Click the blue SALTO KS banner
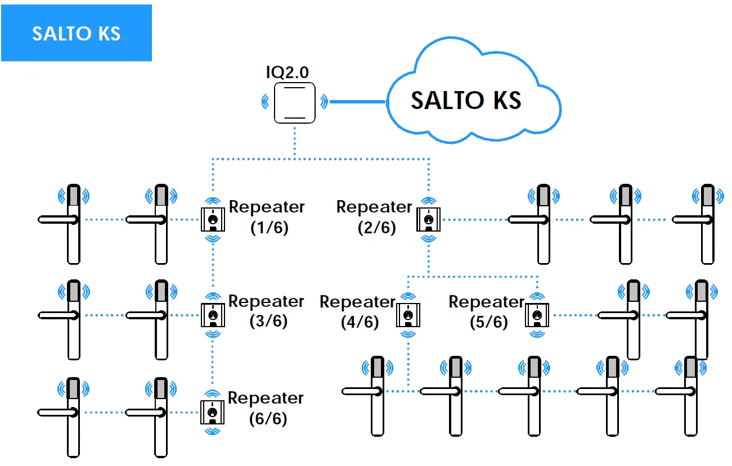pos(76,33)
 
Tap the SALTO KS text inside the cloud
pos(466,101)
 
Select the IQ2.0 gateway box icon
pos(294,102)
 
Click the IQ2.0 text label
pos(288,72)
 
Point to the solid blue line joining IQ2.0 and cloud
pos(357,102)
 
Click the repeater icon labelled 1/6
pos(212,219)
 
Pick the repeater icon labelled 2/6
pos(428,219)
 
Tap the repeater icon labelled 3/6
pos(212,315)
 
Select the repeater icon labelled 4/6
pos(407,315)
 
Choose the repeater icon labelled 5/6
pos(537,315)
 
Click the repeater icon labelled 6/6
pos(212,412)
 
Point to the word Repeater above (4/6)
pos(357,302)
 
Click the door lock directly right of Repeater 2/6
pos(542,224)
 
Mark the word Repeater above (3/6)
pos(266,301)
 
